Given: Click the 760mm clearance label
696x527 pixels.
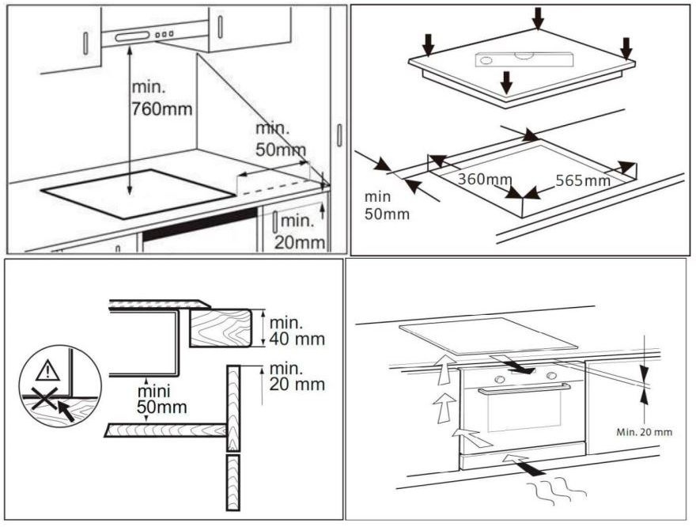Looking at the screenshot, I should (161, 99).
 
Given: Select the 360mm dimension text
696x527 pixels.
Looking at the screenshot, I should (485, 180).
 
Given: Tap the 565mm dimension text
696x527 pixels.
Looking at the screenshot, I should (583, 180).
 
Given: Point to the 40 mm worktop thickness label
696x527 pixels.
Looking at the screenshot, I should (297, 331).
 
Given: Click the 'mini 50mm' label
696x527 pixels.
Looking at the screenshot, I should (161, 400).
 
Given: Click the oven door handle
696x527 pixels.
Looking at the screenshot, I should (522, 389).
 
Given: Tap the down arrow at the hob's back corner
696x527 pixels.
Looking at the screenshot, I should (539, 17).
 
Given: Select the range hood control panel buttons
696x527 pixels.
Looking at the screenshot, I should (165, 35).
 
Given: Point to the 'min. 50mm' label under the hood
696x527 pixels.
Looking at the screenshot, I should (278, 138).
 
